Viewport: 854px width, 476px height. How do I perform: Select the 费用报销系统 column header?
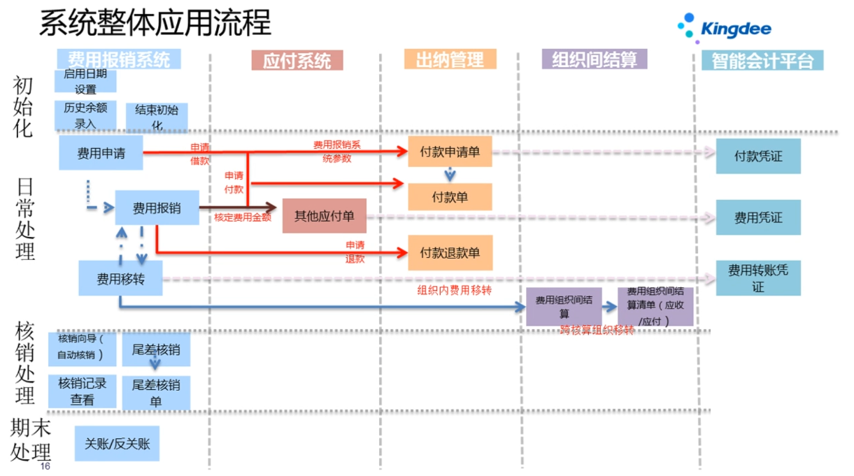[118, 59]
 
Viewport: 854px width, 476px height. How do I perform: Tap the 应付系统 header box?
[297, 61]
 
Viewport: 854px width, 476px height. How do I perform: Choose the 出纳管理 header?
[450, 59]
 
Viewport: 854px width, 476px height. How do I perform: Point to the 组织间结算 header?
[595, 59]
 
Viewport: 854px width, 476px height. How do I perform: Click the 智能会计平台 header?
[762, 61]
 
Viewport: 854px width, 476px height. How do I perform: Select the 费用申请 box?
[101, 153]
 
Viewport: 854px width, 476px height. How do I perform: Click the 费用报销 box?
[157, 208]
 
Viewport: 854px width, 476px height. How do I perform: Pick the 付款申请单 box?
[450, 152]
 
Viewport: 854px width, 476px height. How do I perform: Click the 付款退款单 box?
[450, 253]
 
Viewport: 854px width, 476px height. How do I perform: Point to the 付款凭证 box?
[757, 157]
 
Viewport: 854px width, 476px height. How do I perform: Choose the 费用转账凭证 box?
[757, 277]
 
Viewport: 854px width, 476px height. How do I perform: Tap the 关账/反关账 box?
[117, 444]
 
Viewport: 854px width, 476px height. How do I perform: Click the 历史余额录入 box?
[85, 115]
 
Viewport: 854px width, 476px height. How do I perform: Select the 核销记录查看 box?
[82, 391]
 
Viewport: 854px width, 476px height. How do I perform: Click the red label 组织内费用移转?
[454, 290]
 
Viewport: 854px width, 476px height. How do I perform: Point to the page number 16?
[45, 466]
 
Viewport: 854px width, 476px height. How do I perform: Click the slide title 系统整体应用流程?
[155, 23]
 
